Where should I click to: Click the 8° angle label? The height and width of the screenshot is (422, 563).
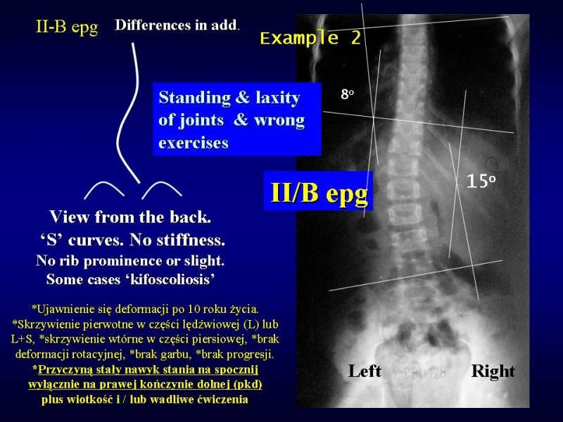coord(347,94)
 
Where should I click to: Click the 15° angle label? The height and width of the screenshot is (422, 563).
coord(481,181)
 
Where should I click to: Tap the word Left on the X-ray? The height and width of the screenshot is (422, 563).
coord(365,371)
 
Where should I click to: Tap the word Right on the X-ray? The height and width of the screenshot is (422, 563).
coord(493,372)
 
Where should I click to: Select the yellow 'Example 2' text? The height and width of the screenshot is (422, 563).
coord(310,38)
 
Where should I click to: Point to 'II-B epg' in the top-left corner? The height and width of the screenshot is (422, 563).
coord(67,27)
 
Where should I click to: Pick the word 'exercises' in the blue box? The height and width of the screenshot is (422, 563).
coord(194,143)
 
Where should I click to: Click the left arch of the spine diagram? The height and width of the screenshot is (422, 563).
coord(104,183)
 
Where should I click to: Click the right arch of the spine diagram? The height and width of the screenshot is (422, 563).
coord(162,183)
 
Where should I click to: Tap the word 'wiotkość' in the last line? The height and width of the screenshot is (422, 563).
coord(89,399)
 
